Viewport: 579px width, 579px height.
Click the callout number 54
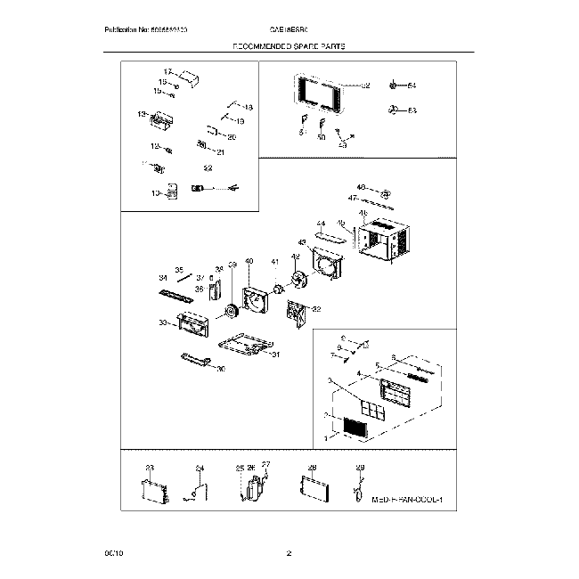(412, 86)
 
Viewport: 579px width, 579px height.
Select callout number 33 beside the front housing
(163, 322)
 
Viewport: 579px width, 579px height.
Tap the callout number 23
(150, 467)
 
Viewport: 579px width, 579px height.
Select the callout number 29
(360, 467)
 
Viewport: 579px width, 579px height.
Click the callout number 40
(249, 261)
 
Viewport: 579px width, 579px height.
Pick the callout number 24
(200, 467)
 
